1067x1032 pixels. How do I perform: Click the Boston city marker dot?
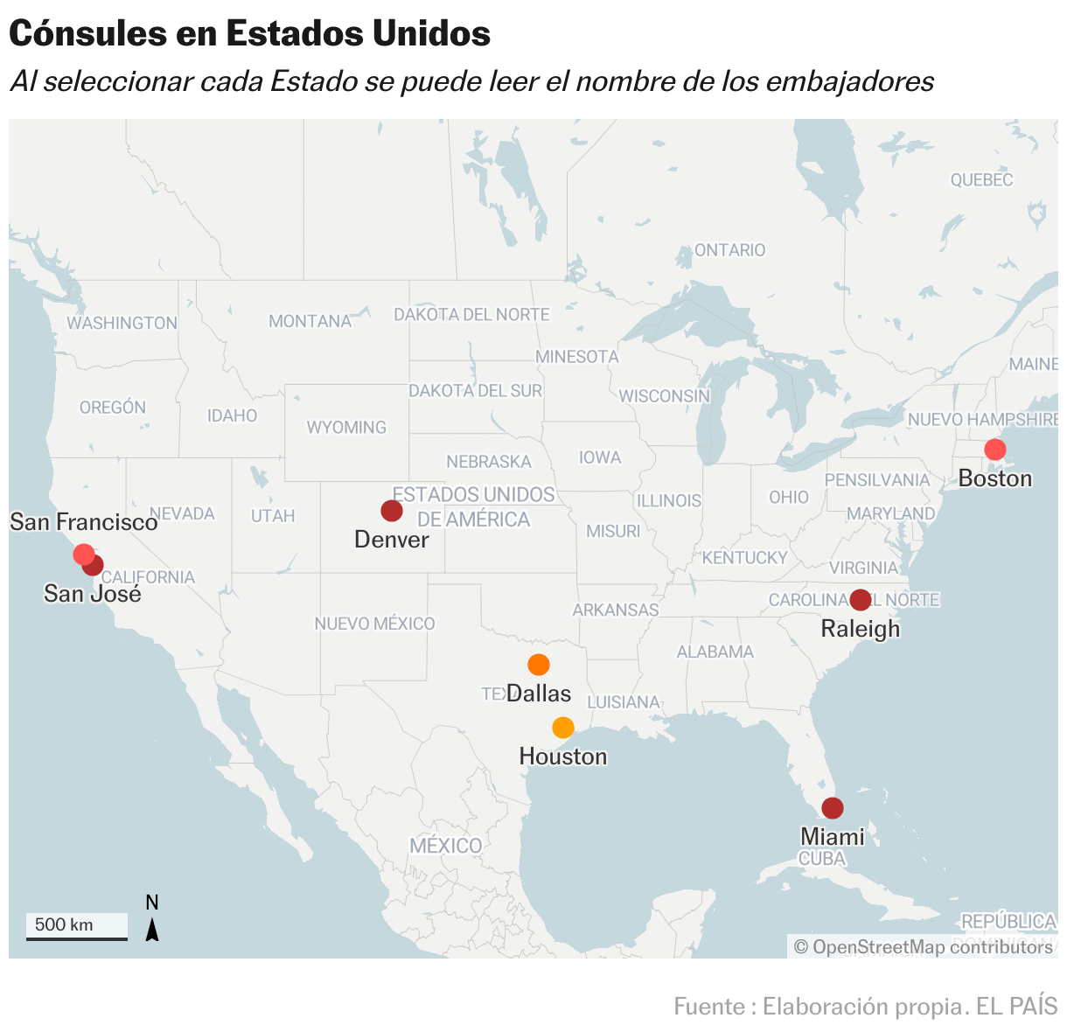(994, 450)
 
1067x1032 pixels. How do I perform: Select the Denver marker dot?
(392, 511)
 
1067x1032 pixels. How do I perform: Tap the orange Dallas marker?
(539, 665)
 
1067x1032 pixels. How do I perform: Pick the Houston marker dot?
(563, 728)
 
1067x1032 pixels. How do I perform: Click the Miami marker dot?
(833, 808)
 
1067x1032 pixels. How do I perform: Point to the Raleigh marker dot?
(861, 600)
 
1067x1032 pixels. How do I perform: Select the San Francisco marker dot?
(83, 554)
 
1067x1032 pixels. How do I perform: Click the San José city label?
(93, 594)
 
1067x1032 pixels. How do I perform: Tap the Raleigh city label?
(861, 629)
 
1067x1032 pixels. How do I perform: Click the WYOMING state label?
(346, 428)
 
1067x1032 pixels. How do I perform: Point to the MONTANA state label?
(310, 321)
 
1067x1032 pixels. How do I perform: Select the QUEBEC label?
(981, 180)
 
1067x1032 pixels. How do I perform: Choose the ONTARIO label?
(729, 250)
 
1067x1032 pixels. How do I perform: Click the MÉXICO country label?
(446, 846)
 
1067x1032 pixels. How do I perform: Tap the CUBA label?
(822, 859)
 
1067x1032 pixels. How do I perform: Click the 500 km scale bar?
(76, 927)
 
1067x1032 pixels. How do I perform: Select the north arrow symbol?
(152, 929)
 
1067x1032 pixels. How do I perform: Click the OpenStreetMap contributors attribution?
(923, 947)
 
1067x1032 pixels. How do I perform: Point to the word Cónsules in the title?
(87, 33)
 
